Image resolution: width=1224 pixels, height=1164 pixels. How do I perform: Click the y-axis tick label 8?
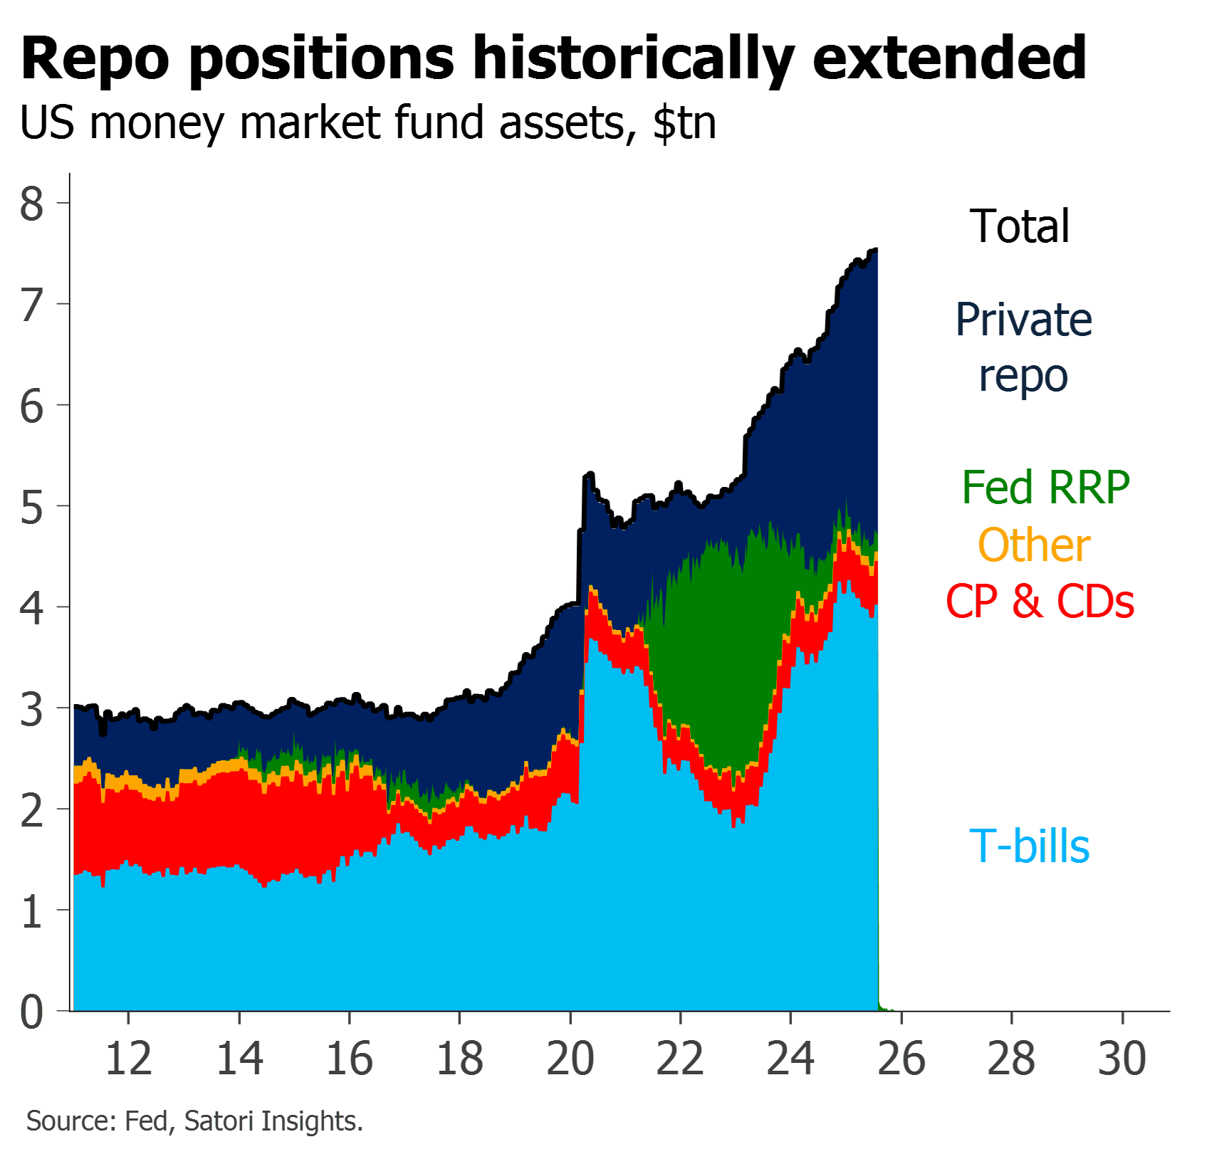[31, 204]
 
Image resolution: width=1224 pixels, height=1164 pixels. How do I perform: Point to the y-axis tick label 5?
[31, 508]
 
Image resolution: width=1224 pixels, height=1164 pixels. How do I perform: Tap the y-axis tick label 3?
[31, 710]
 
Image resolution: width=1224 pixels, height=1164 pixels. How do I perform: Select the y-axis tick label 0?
[31, 1012]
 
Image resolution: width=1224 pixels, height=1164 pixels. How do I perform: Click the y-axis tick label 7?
[31, 306]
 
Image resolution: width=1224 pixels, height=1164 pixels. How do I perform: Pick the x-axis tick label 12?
[129, 1059]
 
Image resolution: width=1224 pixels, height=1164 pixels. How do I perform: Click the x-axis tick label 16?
[350, 1059]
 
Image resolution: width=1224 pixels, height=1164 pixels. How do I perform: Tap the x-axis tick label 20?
[570, 1059]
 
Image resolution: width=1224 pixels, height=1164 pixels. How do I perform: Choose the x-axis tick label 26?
[901, 1059]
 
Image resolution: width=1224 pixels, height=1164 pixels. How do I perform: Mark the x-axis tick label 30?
[1122, 1059]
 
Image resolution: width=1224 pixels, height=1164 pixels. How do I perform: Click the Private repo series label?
[1024, 347]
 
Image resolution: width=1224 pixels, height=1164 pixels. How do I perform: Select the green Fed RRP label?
[1045, 488]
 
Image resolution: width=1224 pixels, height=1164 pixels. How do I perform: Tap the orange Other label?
[1035, 546]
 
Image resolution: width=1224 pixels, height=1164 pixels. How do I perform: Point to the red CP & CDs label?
[1040, 602]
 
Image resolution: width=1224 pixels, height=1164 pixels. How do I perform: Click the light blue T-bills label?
[1030, 846]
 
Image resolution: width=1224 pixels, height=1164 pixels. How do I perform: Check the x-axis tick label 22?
[681, 1059]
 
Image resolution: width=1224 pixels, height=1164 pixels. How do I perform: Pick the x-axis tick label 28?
[1012, 1059]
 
